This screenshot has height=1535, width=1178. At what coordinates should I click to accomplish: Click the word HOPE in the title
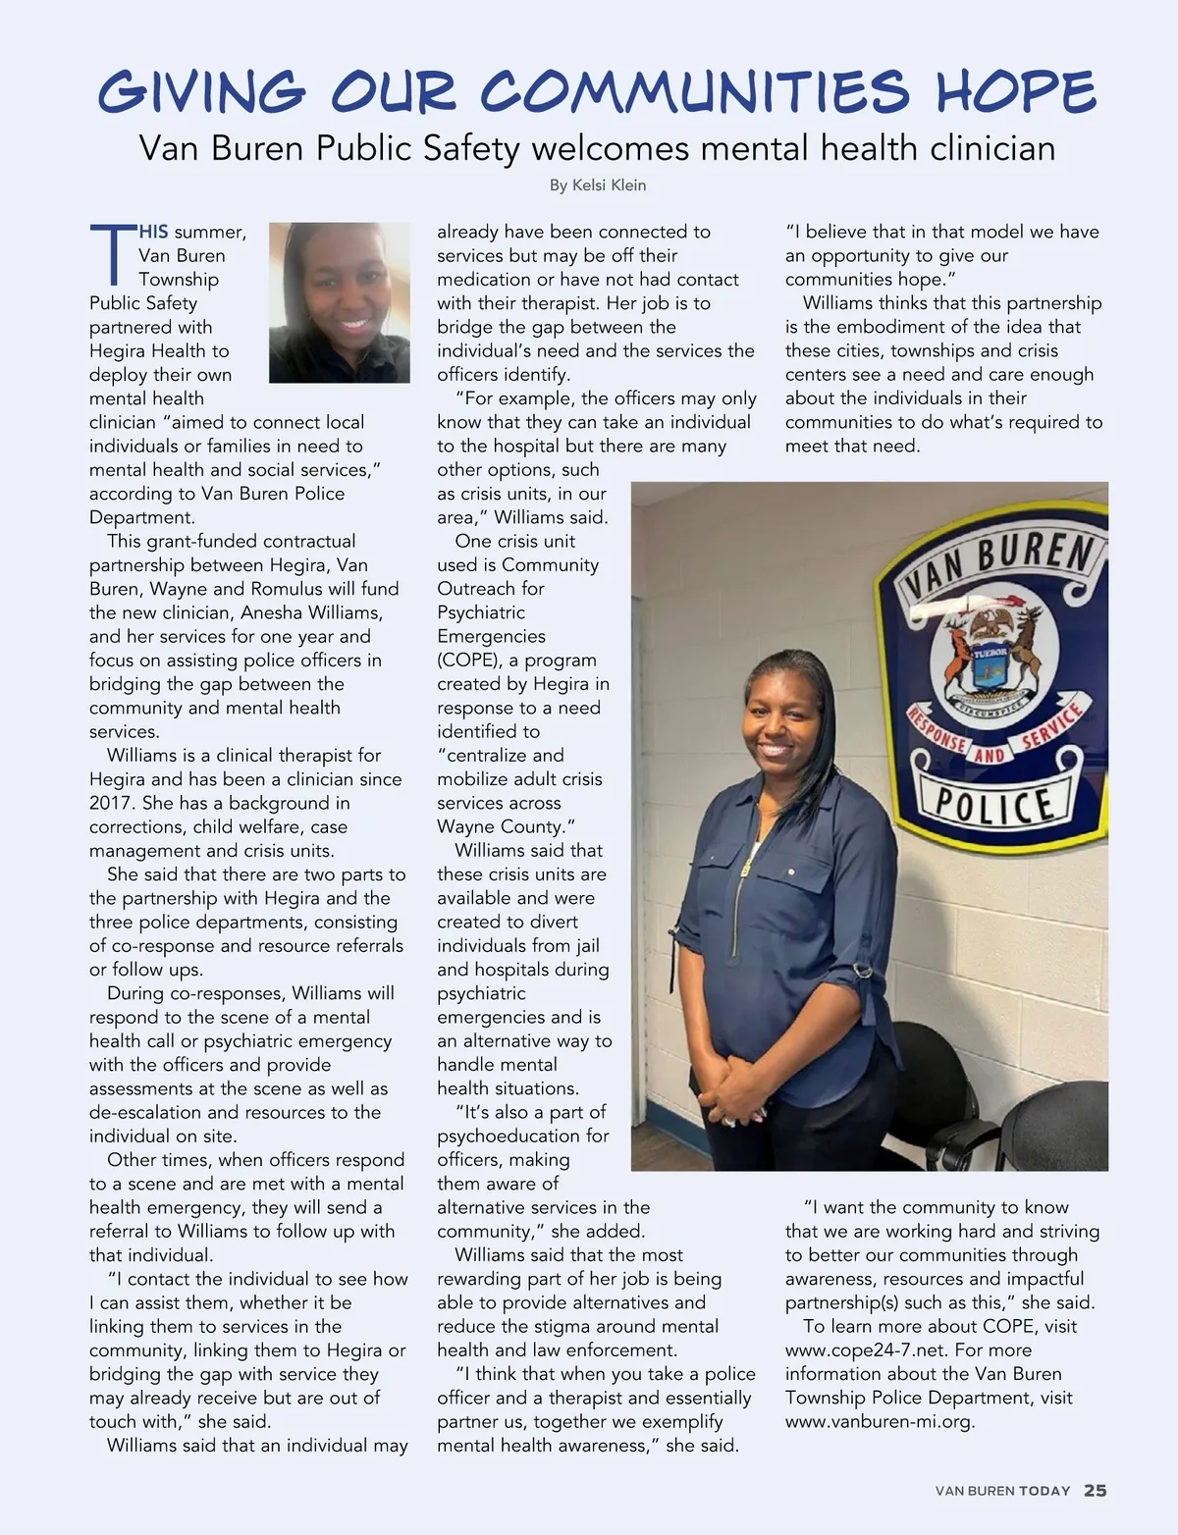click(x=1015, y=92)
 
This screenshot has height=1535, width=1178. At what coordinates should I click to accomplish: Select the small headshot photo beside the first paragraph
click(x=340, y=302)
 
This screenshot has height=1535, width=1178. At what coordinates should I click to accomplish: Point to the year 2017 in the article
click(x=111, y=803)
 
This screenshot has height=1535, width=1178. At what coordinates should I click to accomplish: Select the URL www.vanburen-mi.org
click(x=879, y=1422)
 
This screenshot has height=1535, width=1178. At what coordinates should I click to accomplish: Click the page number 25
click(x=1096, y=1491)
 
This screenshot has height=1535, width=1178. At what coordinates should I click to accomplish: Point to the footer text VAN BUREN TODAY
click(x=1002, y=1491)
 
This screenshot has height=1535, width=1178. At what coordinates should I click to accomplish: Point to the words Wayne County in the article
click(x=502, y=826)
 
